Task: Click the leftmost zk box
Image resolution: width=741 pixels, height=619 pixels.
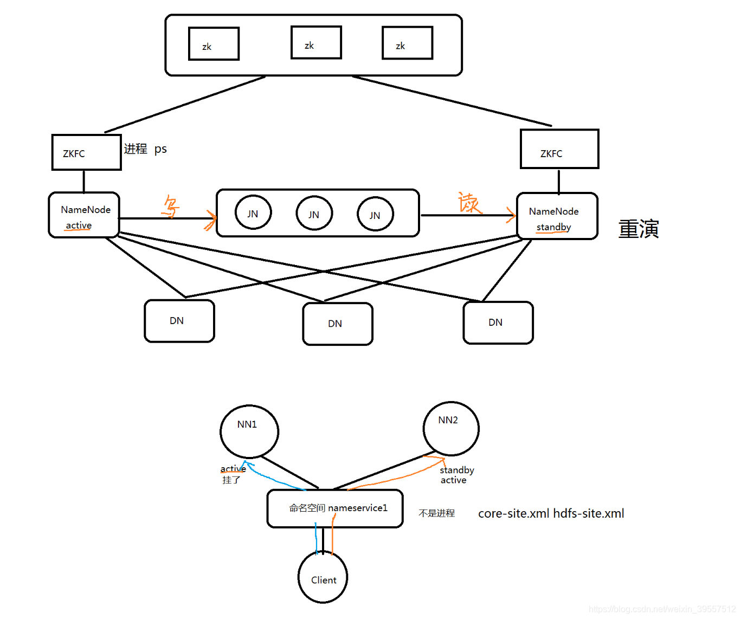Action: (214, 44)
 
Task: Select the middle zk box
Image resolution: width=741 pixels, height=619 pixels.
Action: (316, 43)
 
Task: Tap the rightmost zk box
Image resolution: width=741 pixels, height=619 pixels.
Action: (407, 43)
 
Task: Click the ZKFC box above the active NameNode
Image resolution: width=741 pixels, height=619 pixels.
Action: (86, 153)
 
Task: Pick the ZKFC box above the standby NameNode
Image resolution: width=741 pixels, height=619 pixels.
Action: (559, 149)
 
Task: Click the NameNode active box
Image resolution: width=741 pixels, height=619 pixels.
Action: (84, 215)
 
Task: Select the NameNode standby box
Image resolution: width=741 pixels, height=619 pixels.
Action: (557, 216)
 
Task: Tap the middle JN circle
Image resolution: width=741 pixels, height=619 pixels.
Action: (314, 214)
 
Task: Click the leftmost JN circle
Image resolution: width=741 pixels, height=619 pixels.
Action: (253, 213)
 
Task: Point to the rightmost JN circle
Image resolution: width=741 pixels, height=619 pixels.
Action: (375, 215)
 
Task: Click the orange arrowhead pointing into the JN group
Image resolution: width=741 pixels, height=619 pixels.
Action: (211, 220)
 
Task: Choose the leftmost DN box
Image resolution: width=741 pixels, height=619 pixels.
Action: (179, 321)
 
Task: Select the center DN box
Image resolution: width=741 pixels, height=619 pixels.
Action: (338, 324)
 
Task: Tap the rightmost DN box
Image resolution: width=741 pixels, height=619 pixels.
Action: (498, 323)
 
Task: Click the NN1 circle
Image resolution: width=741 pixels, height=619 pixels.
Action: (249, 431)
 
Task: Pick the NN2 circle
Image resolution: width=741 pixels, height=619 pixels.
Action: (451, 428)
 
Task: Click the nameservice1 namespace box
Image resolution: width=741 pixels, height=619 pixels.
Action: (335, 508)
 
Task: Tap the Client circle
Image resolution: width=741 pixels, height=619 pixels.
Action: (323, 578)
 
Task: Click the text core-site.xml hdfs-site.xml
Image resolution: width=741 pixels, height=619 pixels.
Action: (551, 513)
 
